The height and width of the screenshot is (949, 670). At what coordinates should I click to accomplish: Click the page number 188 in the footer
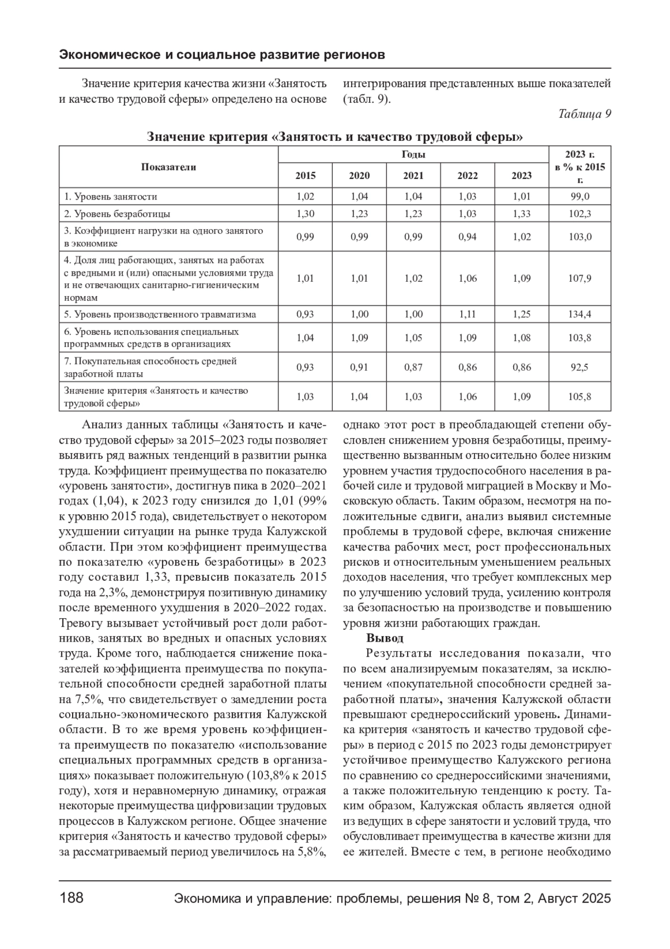pos(71,898)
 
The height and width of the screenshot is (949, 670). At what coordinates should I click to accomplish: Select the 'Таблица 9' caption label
pos(585,114)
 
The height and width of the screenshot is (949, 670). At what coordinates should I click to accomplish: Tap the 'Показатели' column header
pos(169,167)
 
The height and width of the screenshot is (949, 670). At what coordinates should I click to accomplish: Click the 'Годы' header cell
pos(413,155)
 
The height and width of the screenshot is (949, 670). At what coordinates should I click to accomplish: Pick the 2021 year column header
pos(413,175)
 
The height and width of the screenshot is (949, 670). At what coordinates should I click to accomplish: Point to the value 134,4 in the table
pos(580,314)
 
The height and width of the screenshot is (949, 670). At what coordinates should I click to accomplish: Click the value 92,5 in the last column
pos(580,367)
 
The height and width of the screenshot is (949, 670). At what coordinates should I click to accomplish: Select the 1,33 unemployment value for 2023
pos(521,213)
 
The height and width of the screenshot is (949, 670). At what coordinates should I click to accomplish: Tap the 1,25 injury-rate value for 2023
pos(521,314)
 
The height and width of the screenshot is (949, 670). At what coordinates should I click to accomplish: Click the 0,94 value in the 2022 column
pos(467,236)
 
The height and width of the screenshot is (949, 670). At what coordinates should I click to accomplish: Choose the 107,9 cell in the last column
pos(580,278)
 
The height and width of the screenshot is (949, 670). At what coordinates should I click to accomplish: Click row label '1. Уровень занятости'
pos(111,197)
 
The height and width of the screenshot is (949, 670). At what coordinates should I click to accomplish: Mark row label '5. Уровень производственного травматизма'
pos(160,314)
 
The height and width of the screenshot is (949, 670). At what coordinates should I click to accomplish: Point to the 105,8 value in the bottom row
pos(580,397)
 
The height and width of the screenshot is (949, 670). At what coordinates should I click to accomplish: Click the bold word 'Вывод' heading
pos(385,638)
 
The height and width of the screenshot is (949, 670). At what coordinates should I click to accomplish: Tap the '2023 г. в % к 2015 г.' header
pos(580,167)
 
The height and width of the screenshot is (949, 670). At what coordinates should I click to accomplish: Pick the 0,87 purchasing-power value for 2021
pos(413,367)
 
